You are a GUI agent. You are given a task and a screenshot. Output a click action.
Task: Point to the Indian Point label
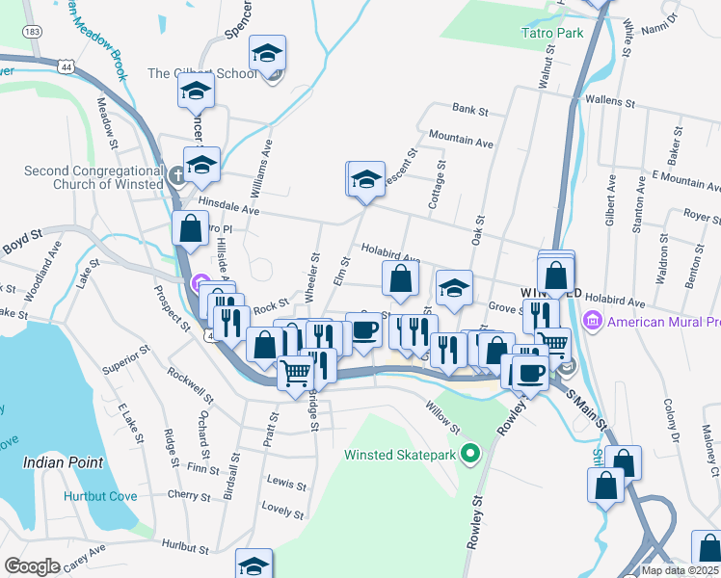(x=63, y=462)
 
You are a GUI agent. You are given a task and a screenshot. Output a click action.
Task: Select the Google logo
(x=32, y=566)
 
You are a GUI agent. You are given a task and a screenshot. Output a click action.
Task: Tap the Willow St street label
(x=443, y=416)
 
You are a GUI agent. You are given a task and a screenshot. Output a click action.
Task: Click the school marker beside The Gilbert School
(x=268, y=53)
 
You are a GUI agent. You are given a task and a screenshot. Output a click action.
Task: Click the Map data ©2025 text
(x=680, y=569)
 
